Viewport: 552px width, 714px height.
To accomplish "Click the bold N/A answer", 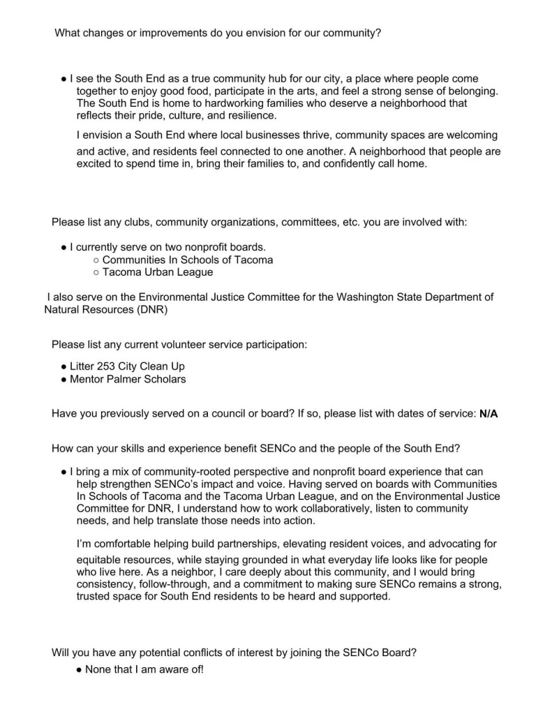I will coord(488,414).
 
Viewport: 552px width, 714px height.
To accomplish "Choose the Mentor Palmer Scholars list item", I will coord(128,380).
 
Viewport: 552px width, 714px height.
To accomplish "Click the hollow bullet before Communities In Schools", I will coord(96,260).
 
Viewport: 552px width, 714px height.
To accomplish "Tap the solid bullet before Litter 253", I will coord(64,366).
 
